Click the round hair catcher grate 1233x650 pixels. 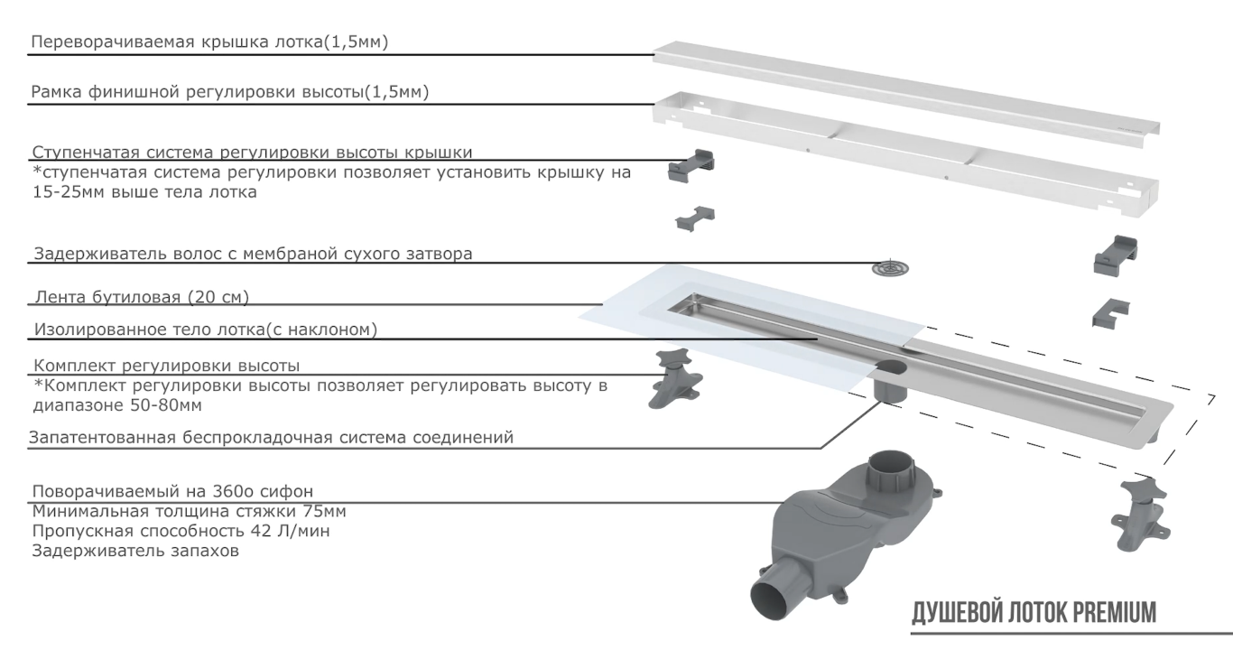point(891,268)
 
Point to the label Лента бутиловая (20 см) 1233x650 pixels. point(141,297)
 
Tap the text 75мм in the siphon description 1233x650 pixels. point(324,511)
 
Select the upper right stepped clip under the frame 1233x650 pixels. point(1117,254)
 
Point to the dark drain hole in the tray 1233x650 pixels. point(895,366)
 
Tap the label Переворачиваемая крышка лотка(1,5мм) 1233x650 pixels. point(209,42)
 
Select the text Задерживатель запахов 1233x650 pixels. point(136,551)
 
